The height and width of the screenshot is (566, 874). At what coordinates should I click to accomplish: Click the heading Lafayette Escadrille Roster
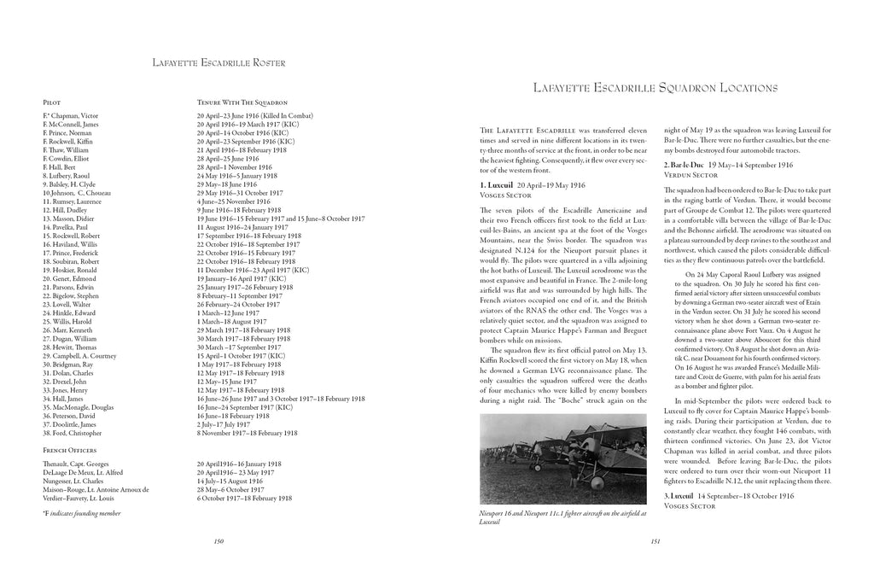[218, 62]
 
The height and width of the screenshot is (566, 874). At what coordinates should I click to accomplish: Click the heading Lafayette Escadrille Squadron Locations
[654, 87]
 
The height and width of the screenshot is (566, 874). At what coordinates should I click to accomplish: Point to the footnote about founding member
[81, 513]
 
